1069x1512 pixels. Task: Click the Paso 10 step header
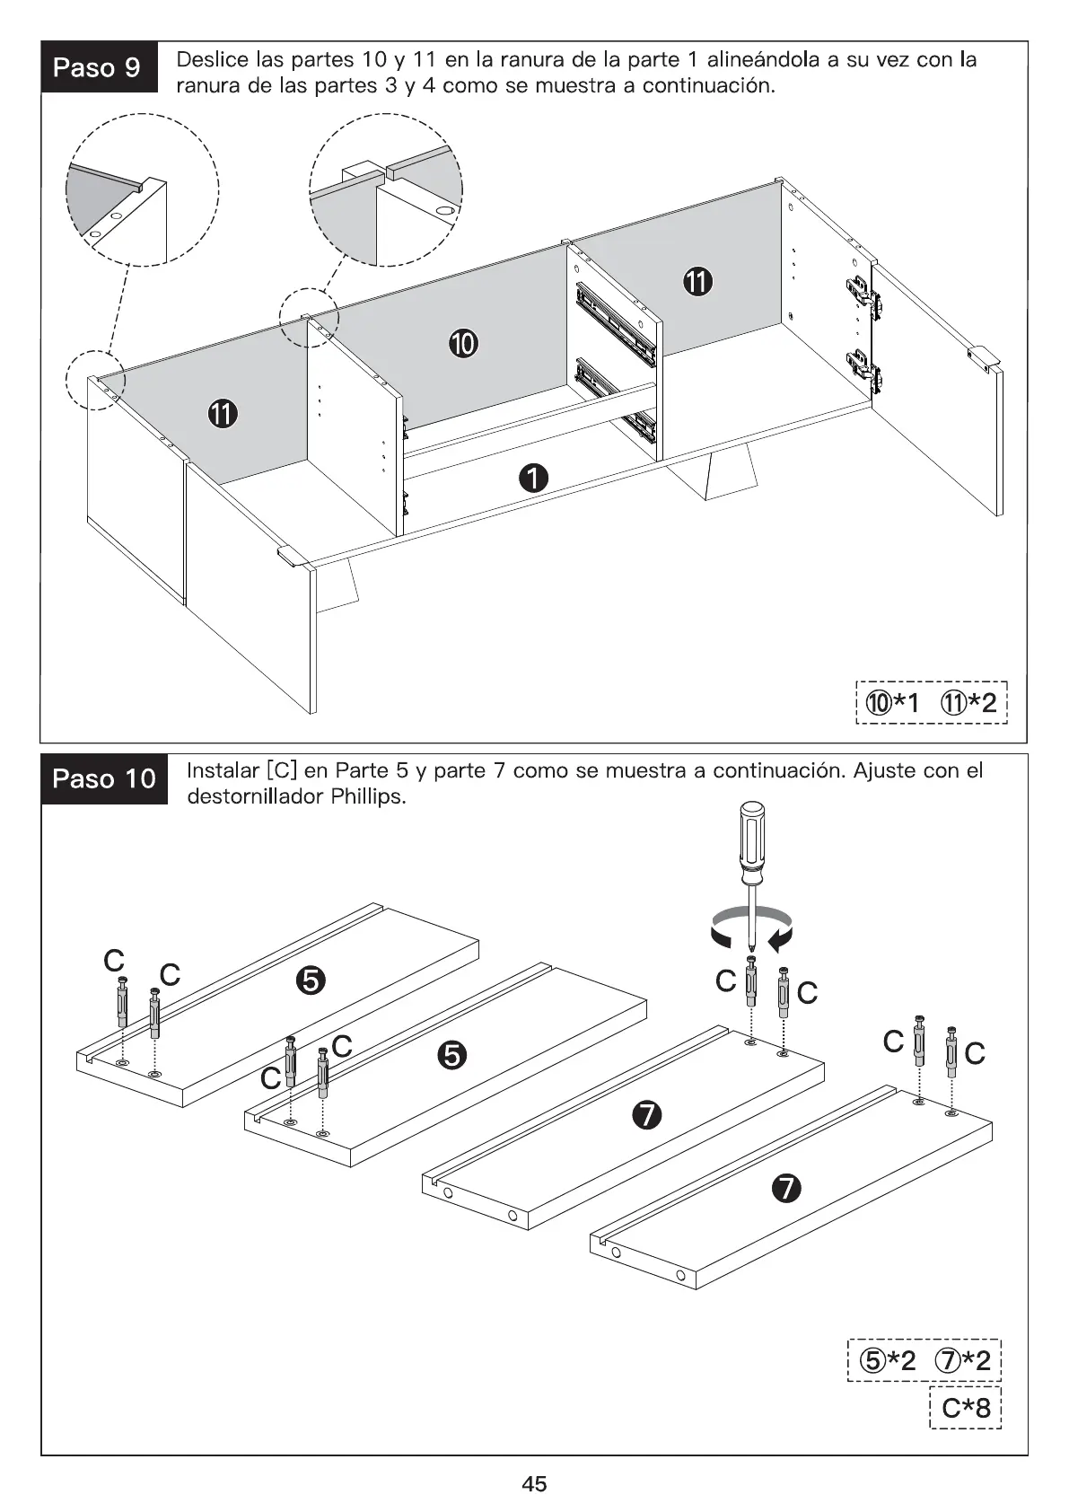click(x=104, y=778)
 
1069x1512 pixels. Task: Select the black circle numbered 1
click(x=533, y=479)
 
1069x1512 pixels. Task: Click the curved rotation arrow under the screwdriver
click(x=751, y=927)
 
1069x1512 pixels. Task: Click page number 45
click(x=534, y=1483)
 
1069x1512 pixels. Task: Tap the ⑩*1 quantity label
click(x=891, y=702)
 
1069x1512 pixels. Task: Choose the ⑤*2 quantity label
click(x=887, y=1360)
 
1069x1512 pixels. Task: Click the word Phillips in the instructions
click(x=368, y=796)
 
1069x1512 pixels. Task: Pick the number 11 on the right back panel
click(x=697, y=282)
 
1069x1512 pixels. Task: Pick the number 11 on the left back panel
click(x=223, y=414)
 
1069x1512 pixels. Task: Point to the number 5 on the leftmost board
click(x=310, y=981)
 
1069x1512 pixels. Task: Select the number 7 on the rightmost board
click(x=785, y=1189)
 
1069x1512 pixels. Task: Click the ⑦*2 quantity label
click(x=963, y=1360)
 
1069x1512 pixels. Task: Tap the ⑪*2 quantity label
click(x=968, y=702)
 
